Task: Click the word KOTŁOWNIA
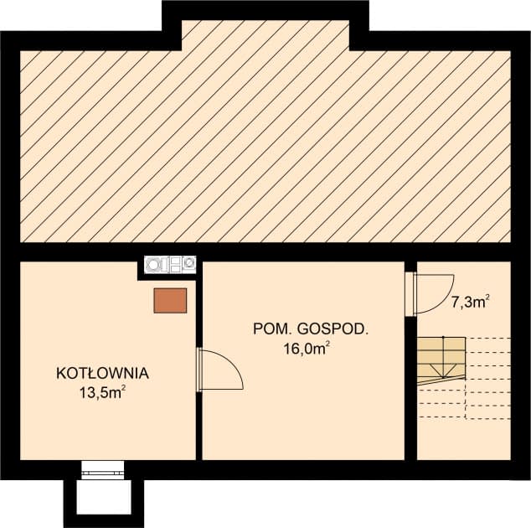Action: (x=102, y=372)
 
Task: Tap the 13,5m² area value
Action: (x=102, y=391)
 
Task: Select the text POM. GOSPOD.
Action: (x=310, y=330)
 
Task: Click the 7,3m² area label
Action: (x=470, y=303)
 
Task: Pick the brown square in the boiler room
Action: (x=170, y=300)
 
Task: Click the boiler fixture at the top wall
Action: (x=171, y=265)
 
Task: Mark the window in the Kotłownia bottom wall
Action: (x=103, y=470)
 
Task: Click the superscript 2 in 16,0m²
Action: (x=327, y=344)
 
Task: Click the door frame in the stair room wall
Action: (x=410, y=294)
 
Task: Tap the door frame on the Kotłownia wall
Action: (x=199, y=370)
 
